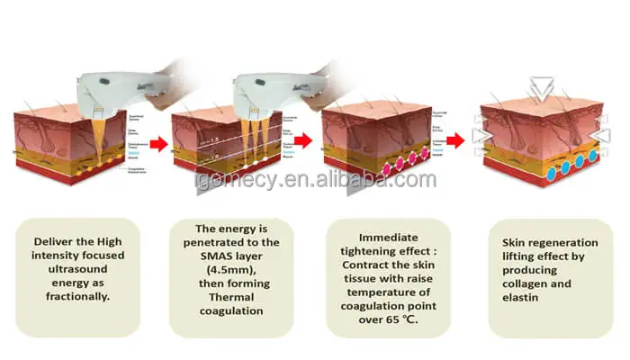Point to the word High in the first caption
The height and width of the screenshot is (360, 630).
[105, 240]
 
